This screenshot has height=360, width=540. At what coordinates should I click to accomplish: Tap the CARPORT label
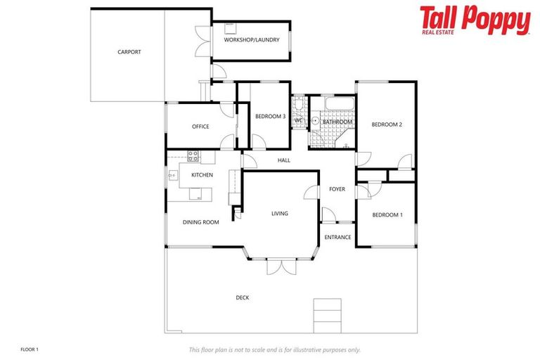(x=129, y=52)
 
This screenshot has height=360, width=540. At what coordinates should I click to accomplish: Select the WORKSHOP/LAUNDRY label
(x=252, y=40)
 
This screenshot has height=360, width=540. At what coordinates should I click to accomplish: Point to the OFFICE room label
(x=200, y=127)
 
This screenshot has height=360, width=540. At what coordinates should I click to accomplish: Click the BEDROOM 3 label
(x=270, y=117)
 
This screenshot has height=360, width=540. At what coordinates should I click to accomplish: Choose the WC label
(x=298, y=120)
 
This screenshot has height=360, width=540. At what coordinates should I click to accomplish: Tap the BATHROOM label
(x=337, y=122)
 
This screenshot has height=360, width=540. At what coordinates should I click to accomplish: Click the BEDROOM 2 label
(x=387, y=124)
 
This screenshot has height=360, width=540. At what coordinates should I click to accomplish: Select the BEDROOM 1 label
(x=387, y=214)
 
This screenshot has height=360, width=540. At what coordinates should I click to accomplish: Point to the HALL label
(x=284, y=160)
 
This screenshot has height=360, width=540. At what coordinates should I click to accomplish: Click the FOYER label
(x=337, y=189)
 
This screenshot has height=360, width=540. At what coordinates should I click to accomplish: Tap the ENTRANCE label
(x=337, y=237)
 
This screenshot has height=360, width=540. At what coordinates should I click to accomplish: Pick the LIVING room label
(x=280, y=214)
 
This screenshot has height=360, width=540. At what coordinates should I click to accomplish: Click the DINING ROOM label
(x=201, y=222)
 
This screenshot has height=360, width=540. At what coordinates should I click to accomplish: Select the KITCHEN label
(x=202, y=175)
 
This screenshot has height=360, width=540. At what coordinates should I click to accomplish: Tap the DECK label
(x=243, y=297)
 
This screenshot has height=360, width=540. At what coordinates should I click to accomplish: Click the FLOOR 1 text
(x=30, y=349)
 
